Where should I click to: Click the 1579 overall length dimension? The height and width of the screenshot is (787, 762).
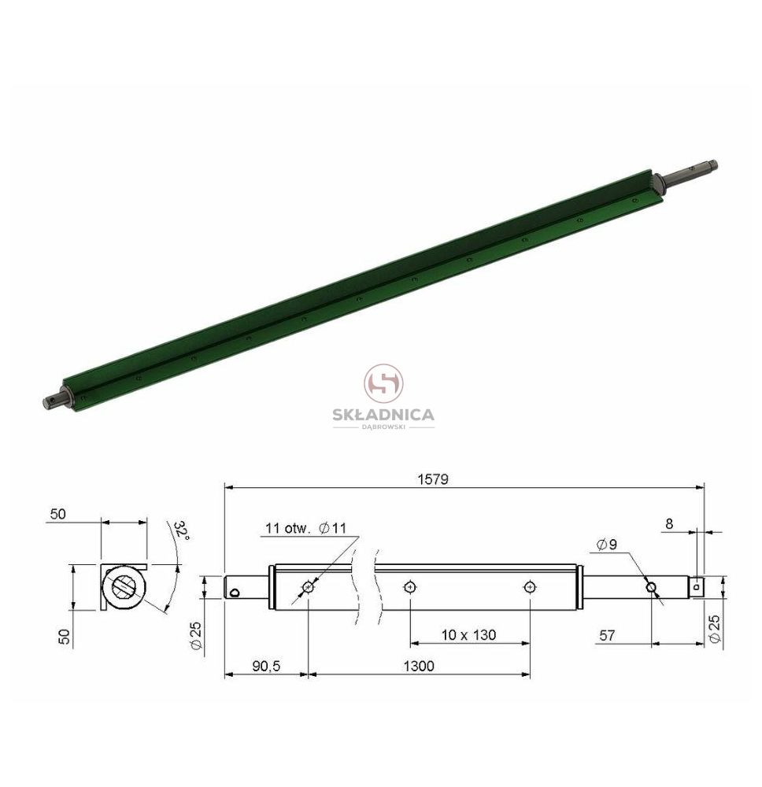[433, 479]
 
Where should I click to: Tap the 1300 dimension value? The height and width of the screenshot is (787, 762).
[419, 666]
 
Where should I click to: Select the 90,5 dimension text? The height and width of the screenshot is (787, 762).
[266, 666]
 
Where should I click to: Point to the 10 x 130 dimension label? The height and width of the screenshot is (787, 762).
[469, 635]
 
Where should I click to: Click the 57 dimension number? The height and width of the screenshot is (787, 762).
[607, 635]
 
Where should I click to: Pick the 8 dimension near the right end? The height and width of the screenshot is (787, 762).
[669, 524]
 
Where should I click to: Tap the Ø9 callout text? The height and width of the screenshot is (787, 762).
[607, 544]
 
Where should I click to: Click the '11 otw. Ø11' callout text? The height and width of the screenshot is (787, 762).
[305, 528]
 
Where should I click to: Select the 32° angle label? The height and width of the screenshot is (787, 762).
[182, 531]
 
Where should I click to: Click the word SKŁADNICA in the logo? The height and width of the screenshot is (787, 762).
[383, 415]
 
